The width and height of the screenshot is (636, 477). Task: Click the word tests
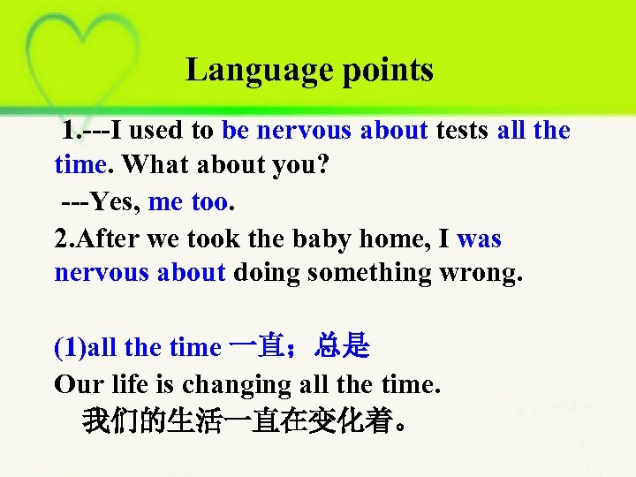point(462,131)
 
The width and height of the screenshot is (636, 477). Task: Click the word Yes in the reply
point(113,202)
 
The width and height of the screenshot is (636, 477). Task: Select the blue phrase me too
point(188,202)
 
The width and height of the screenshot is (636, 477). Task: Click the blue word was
point(480,238)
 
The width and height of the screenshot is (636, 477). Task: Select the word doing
point(269,273)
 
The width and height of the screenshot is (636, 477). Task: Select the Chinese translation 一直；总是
point(299,347)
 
